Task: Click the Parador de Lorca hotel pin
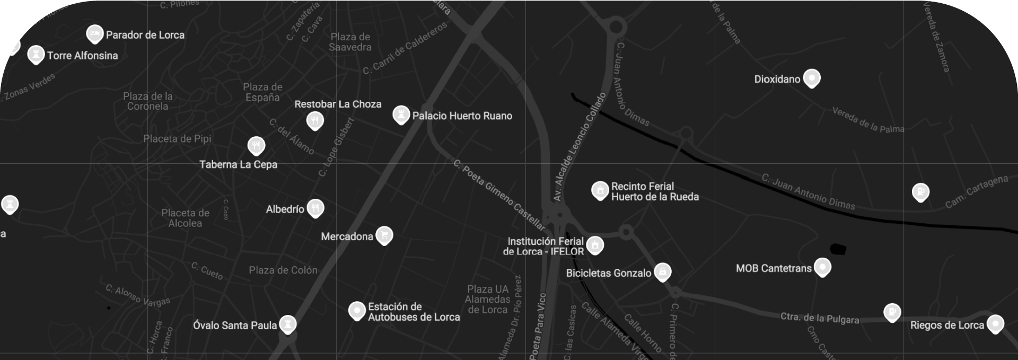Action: coord(94,34)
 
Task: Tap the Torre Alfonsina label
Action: coord(82,56)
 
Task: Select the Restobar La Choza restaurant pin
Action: coord(315,120)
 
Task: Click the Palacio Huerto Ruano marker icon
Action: coord(401,114)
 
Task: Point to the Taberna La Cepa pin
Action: coord(256,145)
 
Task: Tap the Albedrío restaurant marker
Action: coord(315,207)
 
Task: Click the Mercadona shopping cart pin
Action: coord(384,235)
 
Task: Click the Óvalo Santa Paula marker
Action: coord(288,323)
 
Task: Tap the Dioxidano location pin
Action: coord(811,78)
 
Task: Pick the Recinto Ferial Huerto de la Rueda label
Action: coord(654,191)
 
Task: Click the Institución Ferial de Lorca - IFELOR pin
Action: coord(595,244)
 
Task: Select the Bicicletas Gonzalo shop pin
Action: coord(662,271)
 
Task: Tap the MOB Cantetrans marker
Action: coord(822,267)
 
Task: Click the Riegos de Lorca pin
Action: coord(995,323)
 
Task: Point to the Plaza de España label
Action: coord(262,92)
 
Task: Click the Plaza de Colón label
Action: coord(283,270)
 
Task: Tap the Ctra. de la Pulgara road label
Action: coord(819,318)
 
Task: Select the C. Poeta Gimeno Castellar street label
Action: coord(499,195)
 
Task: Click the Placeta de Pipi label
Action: coord(177,139)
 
